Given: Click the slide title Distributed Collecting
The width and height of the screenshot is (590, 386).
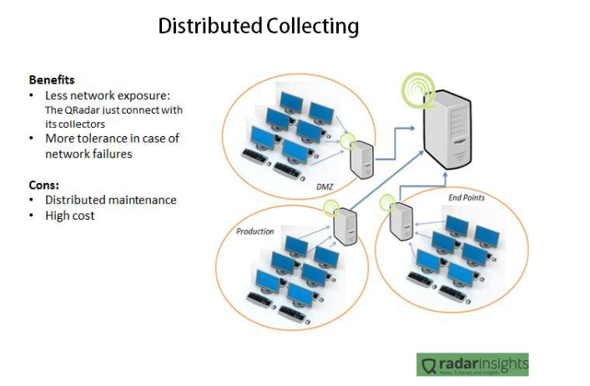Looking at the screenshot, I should tap(259, 27).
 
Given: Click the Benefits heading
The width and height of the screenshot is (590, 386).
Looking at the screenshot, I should tap(52, 80).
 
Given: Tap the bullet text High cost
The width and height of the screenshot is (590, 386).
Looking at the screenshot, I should tap(70, 216).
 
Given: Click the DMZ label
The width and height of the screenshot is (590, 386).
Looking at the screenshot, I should tap(325, 186).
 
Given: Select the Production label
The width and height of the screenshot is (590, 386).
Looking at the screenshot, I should tap(255, 231).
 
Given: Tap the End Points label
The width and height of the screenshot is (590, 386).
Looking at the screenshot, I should tap(466, 198).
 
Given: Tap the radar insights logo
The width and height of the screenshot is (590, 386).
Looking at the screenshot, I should tap(472, 364).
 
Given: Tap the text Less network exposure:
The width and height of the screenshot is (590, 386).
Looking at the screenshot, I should tap(108, 95).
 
